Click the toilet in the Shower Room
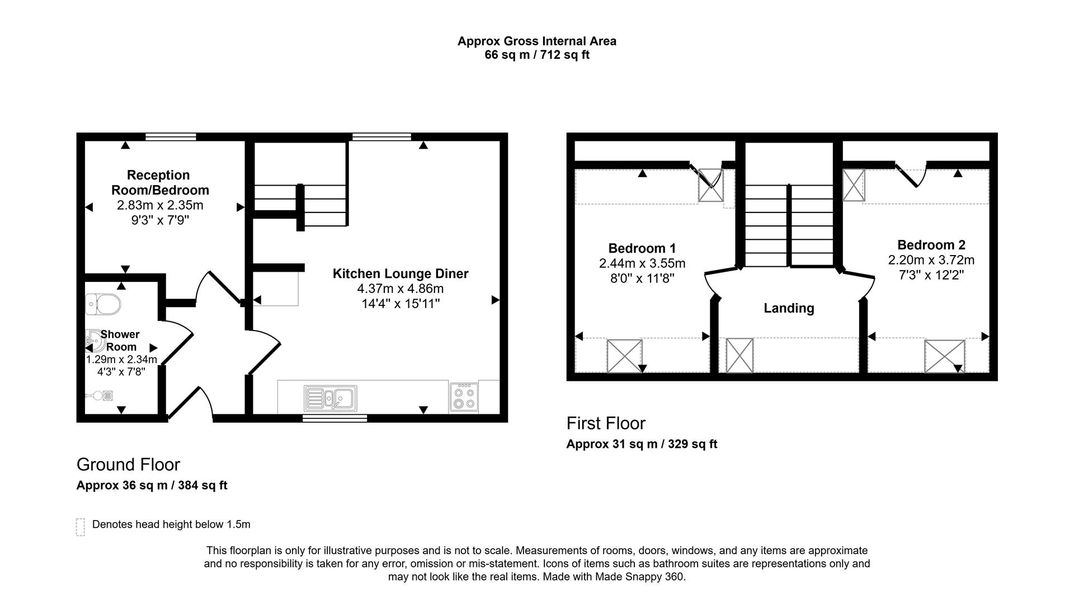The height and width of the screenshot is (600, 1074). click(x=105, y=305)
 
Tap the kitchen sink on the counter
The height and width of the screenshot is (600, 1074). click(x=330, y=399)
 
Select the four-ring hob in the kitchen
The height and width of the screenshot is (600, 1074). click(x=464, y=397)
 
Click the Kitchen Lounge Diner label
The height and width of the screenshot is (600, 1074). click(x=400, y=273)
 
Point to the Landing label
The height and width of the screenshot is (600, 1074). click(x=789, y=308)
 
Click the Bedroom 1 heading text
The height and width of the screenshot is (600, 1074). click(x=642, y=248)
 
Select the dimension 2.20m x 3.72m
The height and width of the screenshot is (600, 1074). click(x=931, y=260)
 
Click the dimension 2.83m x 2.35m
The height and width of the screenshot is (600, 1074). click(x=160, y=205)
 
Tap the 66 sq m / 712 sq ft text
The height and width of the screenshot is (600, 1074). click(x=536, y=55)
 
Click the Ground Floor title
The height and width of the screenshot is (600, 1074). click(x=128, y=465)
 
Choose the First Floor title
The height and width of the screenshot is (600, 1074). click(x=606, y=423)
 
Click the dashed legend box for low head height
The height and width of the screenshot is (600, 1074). click(x=81, y=527)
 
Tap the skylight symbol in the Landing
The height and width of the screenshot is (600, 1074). click(x=739, y=355)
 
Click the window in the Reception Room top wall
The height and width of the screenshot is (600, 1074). click(x=171, y=136)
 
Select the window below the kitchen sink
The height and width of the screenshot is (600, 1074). click(x=335, y=418)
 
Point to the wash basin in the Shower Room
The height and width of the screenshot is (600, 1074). click(x=93, y=339)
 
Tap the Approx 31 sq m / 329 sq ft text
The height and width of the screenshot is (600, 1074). click(x=641, y=444)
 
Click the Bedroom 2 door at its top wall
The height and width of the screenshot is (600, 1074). click(x=910, y=174)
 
